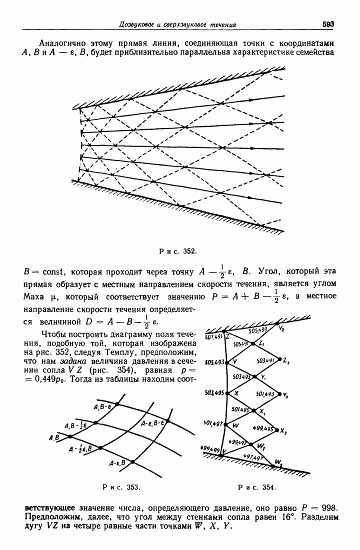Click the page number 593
pos(328,24)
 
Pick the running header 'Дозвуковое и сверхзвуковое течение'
pos(178,24)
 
